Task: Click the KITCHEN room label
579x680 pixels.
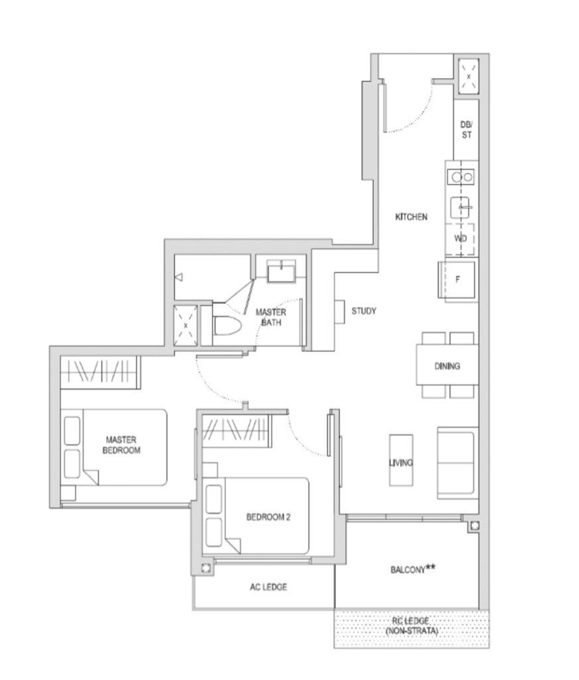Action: click(x=410, y=217)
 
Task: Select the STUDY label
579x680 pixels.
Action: click(x=363, y=311)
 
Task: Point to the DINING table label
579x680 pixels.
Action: click(x=447, y=366)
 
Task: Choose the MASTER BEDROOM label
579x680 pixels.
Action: click(x=122, y=445)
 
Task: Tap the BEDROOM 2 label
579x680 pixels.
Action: click(x=268, y=517)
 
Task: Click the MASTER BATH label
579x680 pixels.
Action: click(x=271, y=317)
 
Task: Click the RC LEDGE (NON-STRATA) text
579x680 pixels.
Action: click(x=410, y=626)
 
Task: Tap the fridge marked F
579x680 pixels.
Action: click(x=457, y=280)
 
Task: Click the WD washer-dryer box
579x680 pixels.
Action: click(x=461, y=238)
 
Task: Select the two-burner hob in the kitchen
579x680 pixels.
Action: click(x=461, y=176)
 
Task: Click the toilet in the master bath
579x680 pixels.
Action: click(x=224, y=327)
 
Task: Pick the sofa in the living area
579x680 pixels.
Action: click(x=457, y=463)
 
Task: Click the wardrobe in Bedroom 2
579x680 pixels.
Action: click(x=237, y=430)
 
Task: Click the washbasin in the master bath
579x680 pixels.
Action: click(x=280, y=272)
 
